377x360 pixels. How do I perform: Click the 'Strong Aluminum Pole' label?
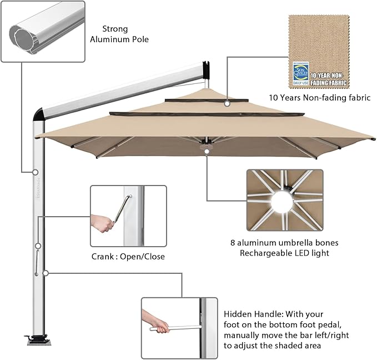(x=123, y=34)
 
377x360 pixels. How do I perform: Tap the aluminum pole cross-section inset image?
(x=43, y=31)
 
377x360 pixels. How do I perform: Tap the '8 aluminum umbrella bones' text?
(x=284, y=243)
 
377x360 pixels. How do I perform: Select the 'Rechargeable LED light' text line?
(x=284, y=253)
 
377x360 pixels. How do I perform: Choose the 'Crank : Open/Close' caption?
(x=128, y=257)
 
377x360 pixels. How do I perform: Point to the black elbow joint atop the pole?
(x=39, y=114)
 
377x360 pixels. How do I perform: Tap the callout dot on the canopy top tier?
(x=227, y=103)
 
